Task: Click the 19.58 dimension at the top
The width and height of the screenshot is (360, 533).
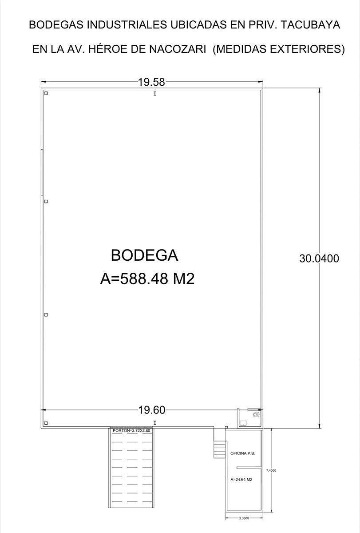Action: [x=151, y=82]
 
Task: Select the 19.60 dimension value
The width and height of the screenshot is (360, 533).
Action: [x=152, y=410]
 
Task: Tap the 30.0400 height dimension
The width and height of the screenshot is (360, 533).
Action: [x=319, y=259]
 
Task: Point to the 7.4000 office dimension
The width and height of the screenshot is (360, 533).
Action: [x=271, y=470]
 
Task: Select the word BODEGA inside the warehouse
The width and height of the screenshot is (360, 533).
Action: [x=144, y=255]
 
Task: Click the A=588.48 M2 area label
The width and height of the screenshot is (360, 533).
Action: [x=147, y=278]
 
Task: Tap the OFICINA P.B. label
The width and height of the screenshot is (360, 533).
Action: [x=242, y=453]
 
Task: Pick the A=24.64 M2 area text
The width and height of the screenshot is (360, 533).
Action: [x=241, y=479]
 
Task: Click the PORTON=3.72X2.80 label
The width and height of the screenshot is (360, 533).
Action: [x=131, y=430]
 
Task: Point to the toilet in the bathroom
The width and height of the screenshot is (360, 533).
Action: [x=257, y=415]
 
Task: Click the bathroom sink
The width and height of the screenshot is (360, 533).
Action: [x=243, y=423]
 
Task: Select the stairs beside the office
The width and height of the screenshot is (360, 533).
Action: [x=219, y=449]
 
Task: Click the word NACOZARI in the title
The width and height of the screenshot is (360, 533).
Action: [x=178, y=49]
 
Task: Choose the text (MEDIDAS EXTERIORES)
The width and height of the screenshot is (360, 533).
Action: [x=278, y=49]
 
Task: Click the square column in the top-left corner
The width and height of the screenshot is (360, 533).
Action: [x=46, y=93]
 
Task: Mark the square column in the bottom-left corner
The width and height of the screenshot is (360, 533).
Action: [x=46, y=423]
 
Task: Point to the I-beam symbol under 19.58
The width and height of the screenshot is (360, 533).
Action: [x=155, y=94]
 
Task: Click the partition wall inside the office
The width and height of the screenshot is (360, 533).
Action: [x=249, y=468]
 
